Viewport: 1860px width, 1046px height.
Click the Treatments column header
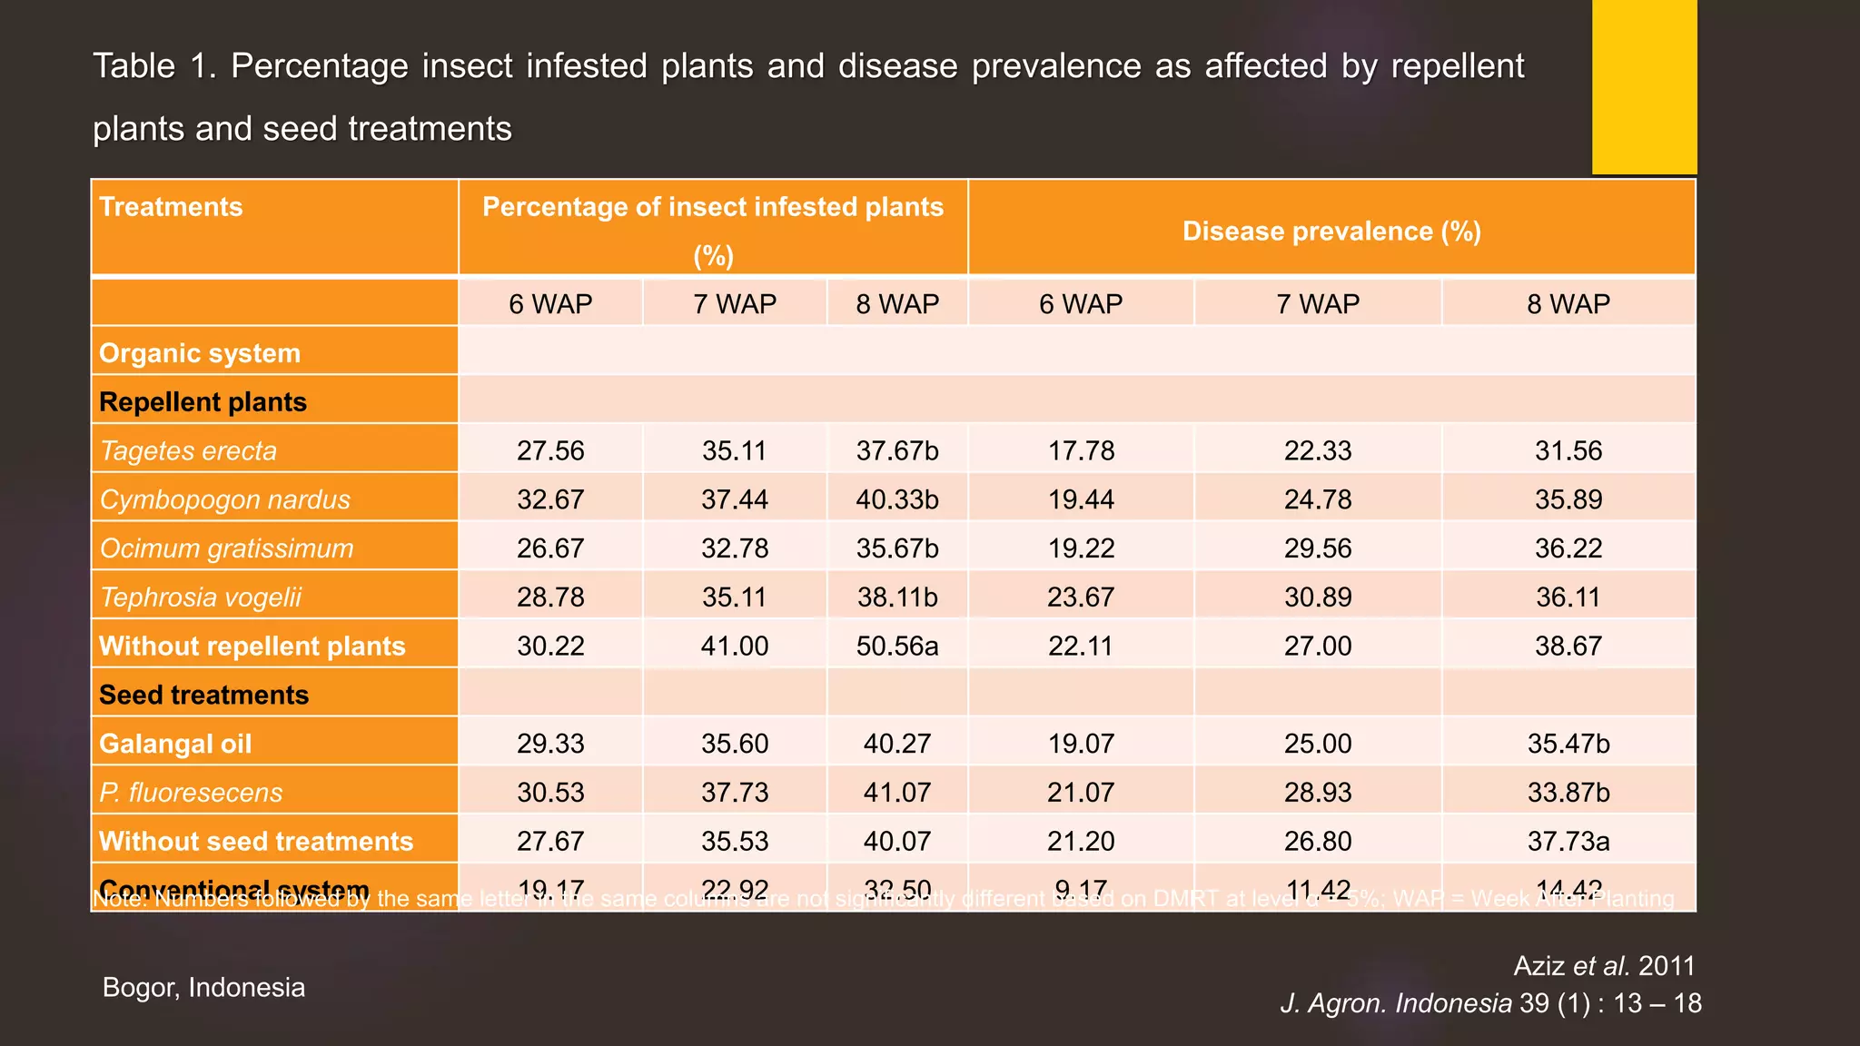(x=171, y=207)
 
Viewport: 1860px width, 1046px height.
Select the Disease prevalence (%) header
(x=1331, y=232)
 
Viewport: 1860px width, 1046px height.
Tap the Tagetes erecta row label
(x=188, y=451)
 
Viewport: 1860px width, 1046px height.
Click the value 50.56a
(x=897, y=646)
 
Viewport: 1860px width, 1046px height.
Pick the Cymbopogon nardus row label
(x=224, y=500)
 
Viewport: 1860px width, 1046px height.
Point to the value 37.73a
(x=1568, y=842)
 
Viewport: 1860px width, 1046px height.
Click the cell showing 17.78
(x=1081, y=451)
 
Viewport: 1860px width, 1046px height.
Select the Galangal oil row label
(x=175, y=744)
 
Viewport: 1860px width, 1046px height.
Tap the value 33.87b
(x=1568, y=793)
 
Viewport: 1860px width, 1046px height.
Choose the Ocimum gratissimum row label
(x=226, y=548)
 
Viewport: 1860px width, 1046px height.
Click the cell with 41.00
(x=735, y=646)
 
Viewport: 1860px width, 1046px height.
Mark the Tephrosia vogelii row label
(x=201, y=597)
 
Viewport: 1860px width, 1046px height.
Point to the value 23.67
(x=1081, y=597)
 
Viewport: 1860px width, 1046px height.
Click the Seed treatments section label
(x=204, y=696)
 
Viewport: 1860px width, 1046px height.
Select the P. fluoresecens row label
(x=191, y=793)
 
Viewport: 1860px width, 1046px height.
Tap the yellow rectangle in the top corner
(x=1644, y=87)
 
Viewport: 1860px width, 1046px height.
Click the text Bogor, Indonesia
(x=203, y=987)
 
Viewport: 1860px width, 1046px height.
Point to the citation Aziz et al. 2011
(x=1604, y=966)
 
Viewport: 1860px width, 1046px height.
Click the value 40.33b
(x=897, y=500)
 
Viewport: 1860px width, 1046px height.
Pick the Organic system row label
(x=200, y=353)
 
